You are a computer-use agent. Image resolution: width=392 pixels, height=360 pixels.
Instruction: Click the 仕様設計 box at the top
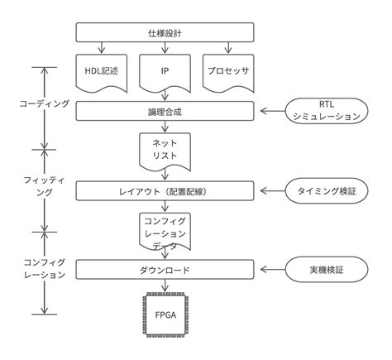coord(168,32)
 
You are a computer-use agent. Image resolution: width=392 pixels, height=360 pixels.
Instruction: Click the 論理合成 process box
coord(168,111)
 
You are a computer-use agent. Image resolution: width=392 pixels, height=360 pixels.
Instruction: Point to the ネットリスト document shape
coord(168,150)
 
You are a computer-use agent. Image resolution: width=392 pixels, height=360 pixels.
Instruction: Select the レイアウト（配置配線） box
coord(168,190)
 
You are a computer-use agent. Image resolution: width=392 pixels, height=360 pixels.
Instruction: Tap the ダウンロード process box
coord(168,271)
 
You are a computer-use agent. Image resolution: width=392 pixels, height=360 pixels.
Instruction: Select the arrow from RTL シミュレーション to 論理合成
coord(272,111)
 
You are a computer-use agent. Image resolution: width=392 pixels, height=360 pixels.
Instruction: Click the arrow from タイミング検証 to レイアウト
coord(272,190)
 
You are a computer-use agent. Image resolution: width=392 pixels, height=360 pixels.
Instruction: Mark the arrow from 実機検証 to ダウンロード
coord(272,271)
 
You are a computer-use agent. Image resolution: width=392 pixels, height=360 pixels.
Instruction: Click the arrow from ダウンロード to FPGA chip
coord(168,286)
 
